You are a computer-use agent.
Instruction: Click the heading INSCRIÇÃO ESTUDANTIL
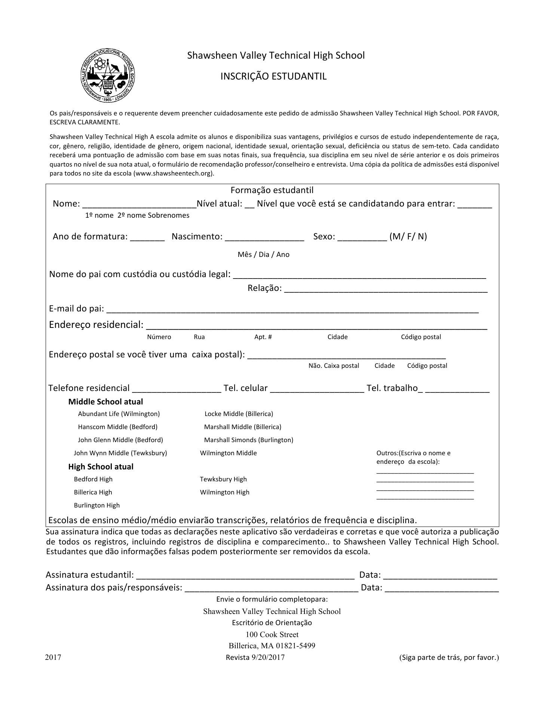coord(273,77)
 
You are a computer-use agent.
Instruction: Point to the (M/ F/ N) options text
coord(408,236)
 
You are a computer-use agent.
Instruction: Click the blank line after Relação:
coord(386,289)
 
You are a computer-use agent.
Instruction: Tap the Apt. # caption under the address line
coord(263,337)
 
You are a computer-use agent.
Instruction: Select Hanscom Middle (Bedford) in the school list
coord(118,427)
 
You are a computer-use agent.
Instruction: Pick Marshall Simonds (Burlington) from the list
coord(249,440)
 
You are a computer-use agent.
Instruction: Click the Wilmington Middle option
coord(229,453)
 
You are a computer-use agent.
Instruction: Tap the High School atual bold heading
coord(101,467)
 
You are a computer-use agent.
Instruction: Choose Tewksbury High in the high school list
coord(223,479)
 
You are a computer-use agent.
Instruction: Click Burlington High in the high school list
coord(97,505)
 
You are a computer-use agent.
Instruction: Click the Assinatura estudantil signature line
coord(245,575)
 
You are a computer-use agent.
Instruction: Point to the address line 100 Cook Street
coord(272,634)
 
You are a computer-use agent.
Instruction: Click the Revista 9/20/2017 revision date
coord(255,658)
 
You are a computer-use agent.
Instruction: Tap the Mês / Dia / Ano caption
coord(263,255)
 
